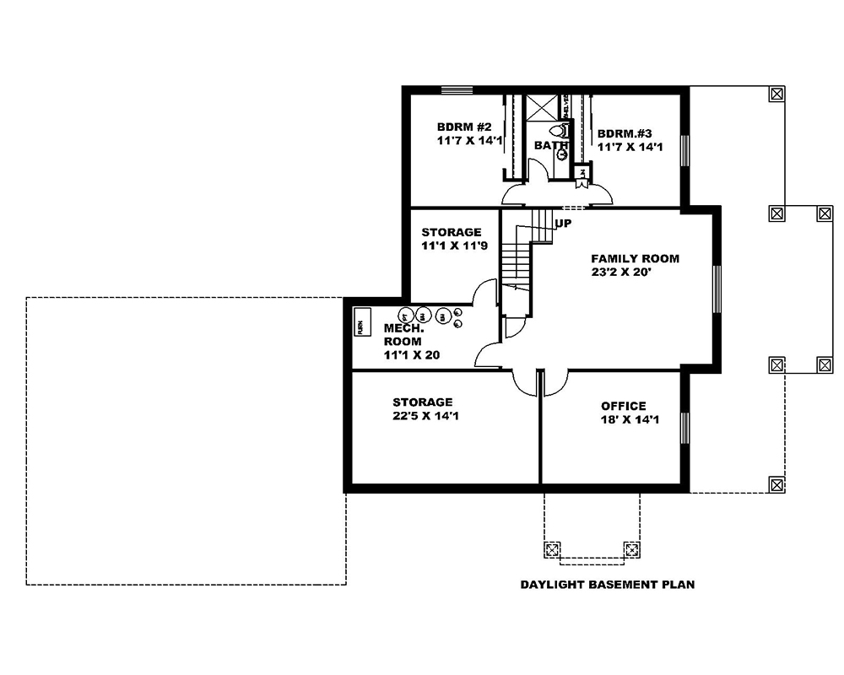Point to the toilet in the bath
[557, 131]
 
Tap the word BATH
[549, 145]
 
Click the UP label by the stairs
[563, 224]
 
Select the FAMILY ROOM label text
[635, 259]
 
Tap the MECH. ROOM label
[403, 334]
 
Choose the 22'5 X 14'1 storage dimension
[426, 416]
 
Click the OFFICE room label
[623, 406]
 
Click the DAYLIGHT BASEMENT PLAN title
[607, 584]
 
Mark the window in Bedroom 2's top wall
[457, 90]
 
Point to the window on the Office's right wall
[684, 432]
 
